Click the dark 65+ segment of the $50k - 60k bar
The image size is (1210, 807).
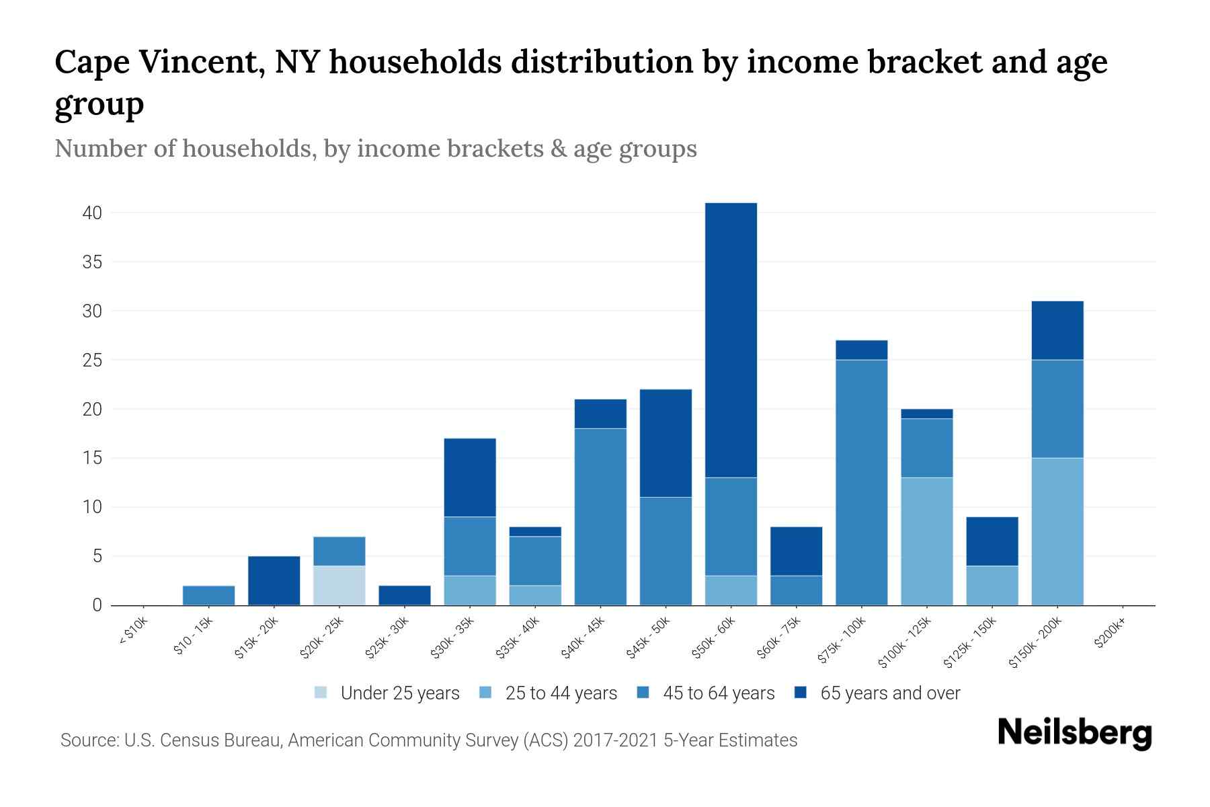coord(731,340)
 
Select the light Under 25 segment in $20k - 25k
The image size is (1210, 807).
coord(339,585)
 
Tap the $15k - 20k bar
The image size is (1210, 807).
coord(274,580)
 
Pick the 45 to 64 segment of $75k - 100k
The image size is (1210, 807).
coord(861,482)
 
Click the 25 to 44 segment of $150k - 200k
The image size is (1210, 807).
coord(1057,531)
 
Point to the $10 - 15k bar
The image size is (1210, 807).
coord(208,595)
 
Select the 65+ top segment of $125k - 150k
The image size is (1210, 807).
coord(992,541)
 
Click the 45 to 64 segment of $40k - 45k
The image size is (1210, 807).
coord(600,516)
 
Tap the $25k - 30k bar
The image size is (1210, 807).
coord(404,595)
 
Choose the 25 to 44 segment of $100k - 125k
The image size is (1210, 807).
coord(927,541)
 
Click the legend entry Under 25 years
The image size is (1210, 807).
coord(399,693)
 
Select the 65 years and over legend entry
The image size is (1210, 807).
coord(889,693)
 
